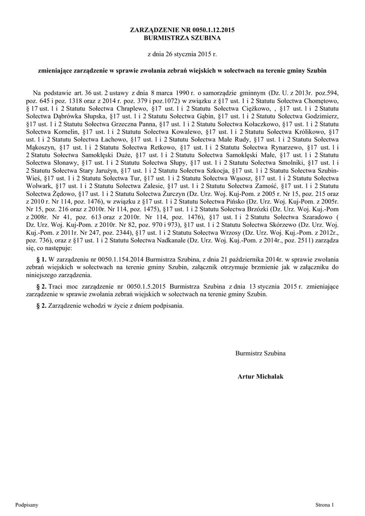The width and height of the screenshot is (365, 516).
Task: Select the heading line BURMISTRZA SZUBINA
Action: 182,38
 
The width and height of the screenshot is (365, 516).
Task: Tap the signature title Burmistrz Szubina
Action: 260,353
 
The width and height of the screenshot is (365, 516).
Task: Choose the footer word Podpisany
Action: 27,504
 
